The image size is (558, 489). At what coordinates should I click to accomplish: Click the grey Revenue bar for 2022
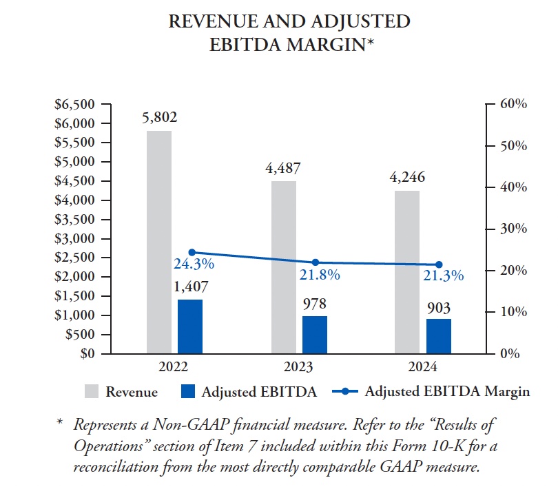pyautogui.click(x=159, y=242)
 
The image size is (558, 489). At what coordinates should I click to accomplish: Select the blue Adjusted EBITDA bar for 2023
pyautogui.click(x=314, y=335)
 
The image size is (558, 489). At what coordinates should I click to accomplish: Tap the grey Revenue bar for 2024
pyautogui.click(x=407, y=272)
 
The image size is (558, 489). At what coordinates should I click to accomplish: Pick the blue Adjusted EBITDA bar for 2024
pyautogui.click(x=439, y=336)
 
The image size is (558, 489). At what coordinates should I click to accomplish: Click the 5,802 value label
pyautogui.click(x=159, y=118)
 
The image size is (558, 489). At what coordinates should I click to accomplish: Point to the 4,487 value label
pyautogui.click(x=283, y=168)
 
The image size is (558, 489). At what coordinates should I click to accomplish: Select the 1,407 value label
pyautogui.click(x=190, y=287)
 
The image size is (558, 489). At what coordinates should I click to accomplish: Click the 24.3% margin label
pyautogui.click(x=194, y=264)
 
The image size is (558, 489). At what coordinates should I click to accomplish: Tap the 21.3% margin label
pyautogui.click(x=443, y=275)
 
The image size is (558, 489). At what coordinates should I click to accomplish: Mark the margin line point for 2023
pyautogui.click(x=315, y=262)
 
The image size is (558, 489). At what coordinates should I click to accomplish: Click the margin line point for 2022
pyautogui.click(x=191, y=252)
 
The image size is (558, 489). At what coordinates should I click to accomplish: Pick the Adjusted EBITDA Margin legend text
pyautogui.click(x=447, y=391)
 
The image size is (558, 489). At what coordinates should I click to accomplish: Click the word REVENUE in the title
pyautogui.click(x=207, y=21)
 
